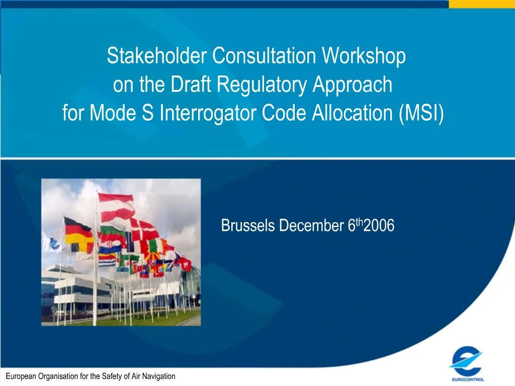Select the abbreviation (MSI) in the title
coord(421,114)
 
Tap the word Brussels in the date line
coord(248,227)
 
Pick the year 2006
coord(379,227)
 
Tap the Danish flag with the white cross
coord(144,230)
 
